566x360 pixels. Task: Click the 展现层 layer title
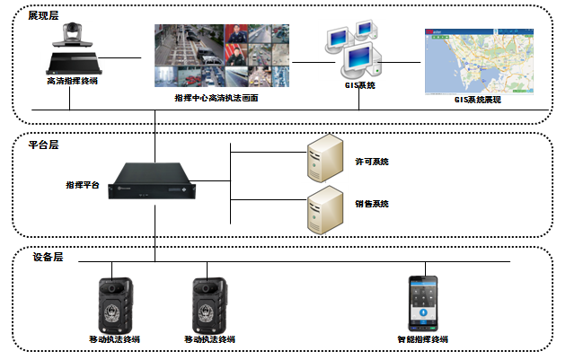(41, 16)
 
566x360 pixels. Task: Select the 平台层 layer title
(41, 144)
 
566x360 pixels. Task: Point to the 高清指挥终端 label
(73, 82)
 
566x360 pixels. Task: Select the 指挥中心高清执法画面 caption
(217, 96)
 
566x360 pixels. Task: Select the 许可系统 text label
(372, 162)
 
